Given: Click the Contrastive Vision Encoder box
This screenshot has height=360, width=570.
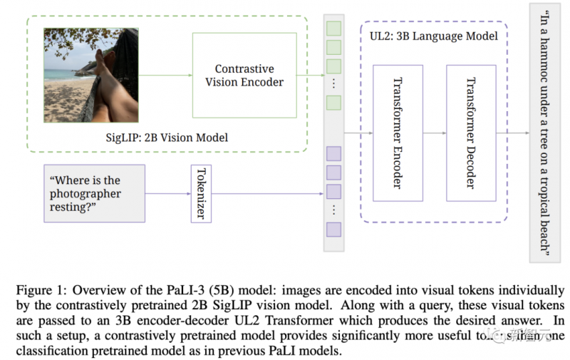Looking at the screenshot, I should [x=244, y=75].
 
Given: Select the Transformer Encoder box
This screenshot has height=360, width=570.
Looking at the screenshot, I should [x=398, y=133].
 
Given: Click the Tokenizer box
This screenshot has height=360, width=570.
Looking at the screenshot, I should [x=201, y=193].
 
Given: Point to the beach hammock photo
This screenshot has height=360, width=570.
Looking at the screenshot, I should [x=91, y=74].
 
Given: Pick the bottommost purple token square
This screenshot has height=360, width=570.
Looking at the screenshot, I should [x=333, y=229].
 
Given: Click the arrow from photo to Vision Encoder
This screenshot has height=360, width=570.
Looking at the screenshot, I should [x=165, y=75].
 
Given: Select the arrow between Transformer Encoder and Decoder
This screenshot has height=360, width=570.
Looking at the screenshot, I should [x=435, y=133].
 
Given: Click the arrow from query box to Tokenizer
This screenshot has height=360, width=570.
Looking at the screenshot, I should [x=167, y=193].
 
